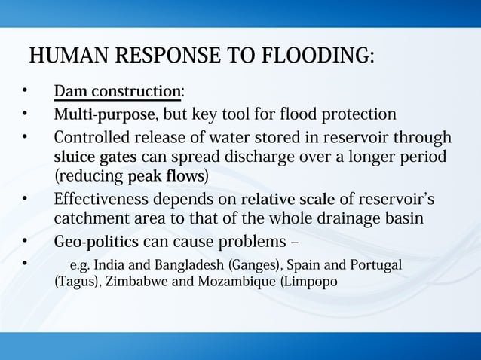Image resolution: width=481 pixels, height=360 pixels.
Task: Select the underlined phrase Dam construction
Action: point(117,92)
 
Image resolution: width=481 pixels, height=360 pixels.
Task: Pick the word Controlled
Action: point(94,139)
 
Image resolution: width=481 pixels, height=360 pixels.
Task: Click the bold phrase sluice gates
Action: point(95,157)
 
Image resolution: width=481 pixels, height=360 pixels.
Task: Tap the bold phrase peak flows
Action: point(165,176)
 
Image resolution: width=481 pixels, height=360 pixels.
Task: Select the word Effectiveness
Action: point(102,200)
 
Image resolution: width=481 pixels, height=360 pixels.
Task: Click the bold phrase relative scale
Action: point(287,200)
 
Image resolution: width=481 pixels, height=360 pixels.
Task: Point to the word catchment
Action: point(88,219)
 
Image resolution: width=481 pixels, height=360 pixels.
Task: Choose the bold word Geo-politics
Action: point(96,243)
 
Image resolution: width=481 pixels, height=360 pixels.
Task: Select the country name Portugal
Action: point(375,267)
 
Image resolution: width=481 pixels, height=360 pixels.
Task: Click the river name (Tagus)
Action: point(76,282)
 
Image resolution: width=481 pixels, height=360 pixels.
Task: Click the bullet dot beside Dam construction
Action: point(24,91)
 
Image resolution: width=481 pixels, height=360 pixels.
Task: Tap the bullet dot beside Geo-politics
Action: point(24,242)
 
